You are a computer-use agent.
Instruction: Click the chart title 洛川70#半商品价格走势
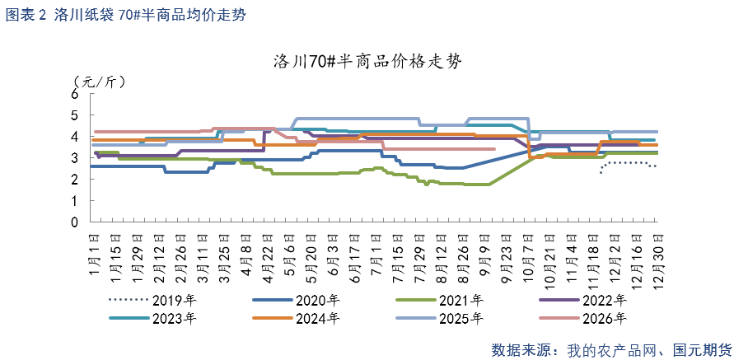367,63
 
